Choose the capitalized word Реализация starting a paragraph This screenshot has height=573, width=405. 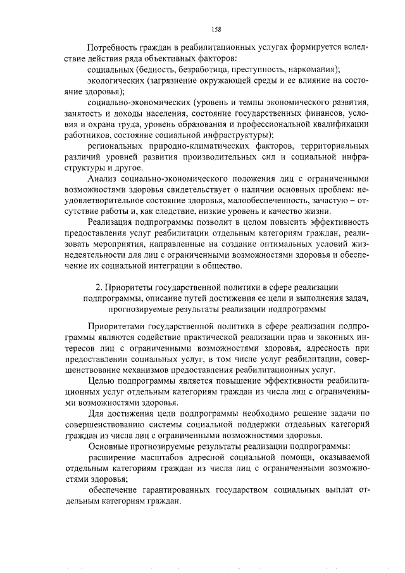coord(113,222)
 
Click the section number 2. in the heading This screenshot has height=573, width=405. coord(98,287)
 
